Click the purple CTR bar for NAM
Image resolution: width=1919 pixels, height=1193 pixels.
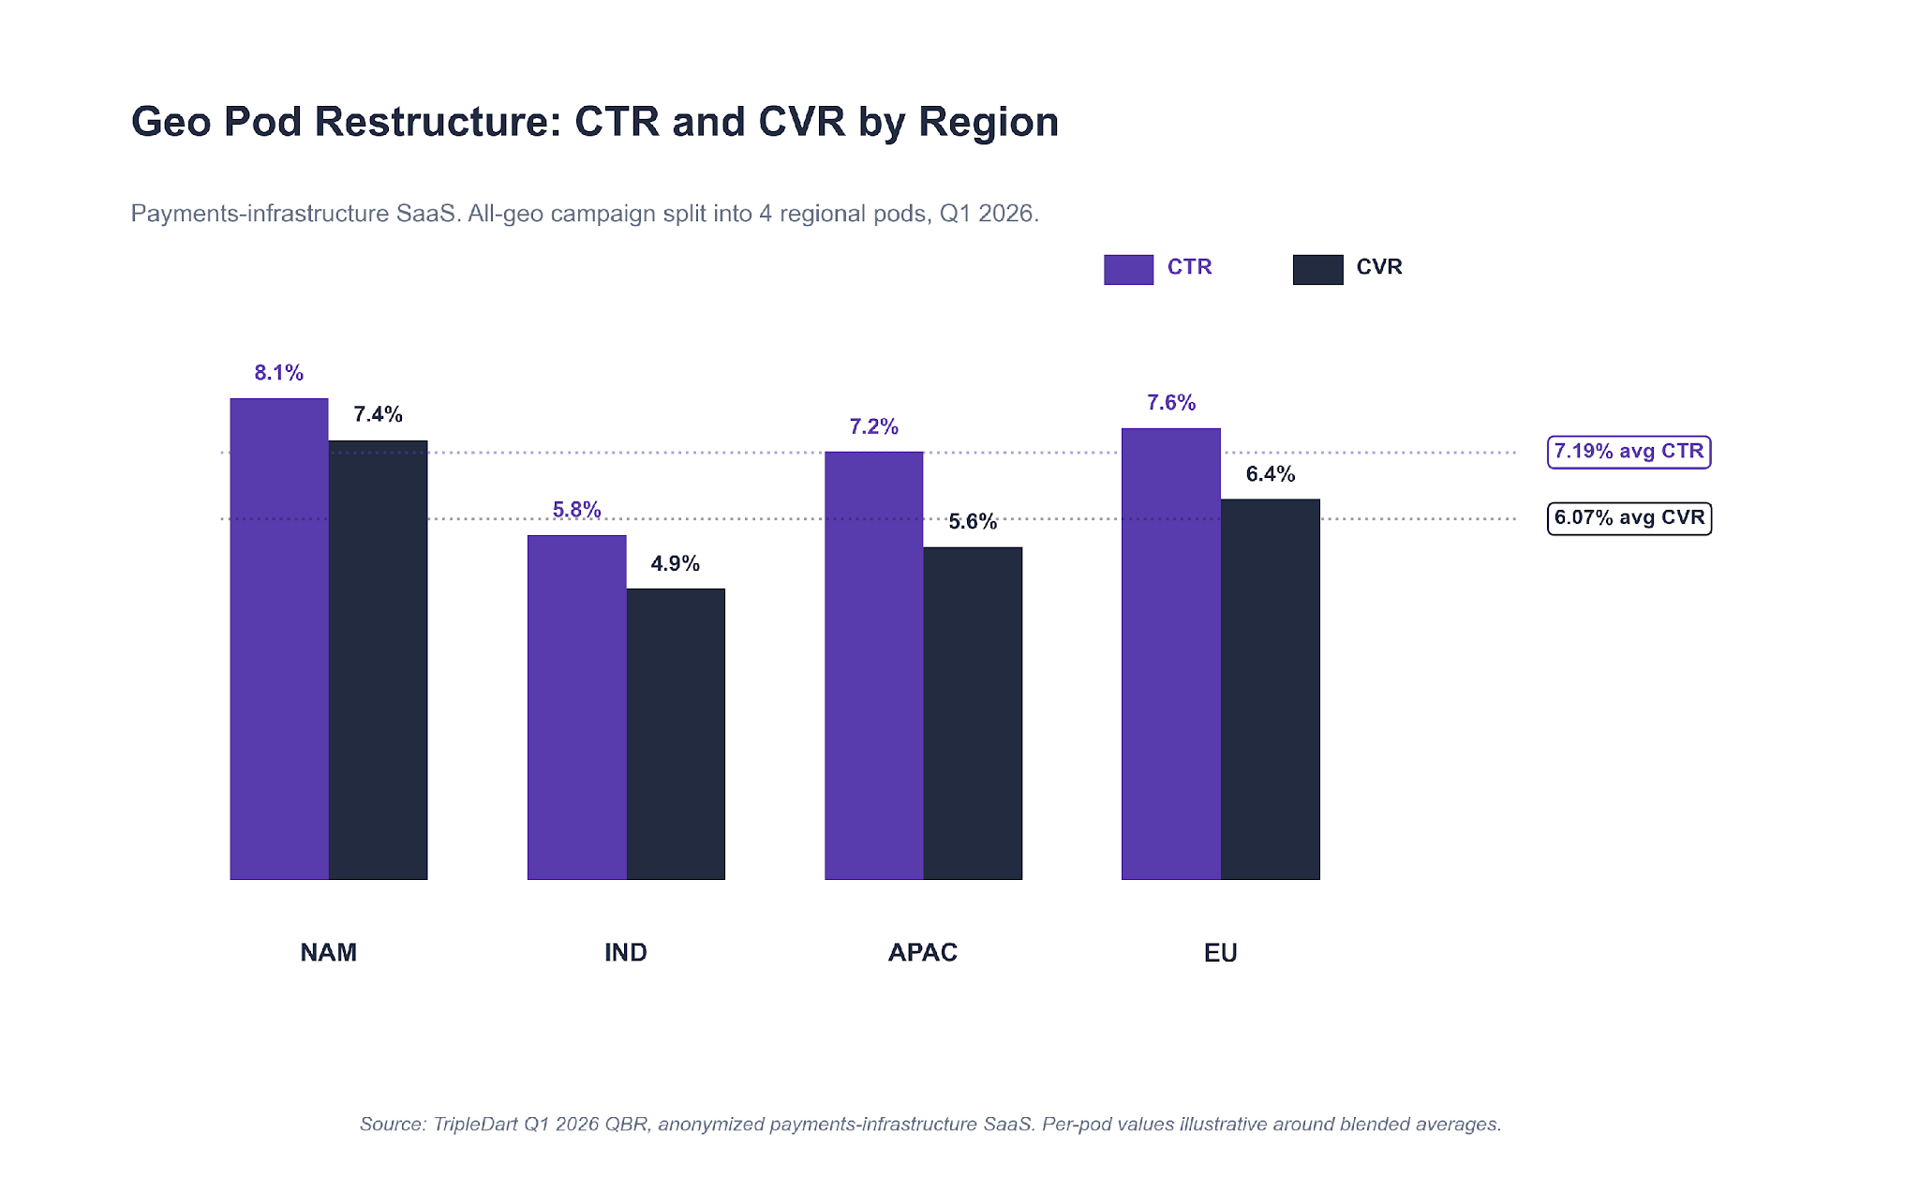(x=279, y=638)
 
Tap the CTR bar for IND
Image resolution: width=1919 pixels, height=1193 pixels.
(x=576, y=707)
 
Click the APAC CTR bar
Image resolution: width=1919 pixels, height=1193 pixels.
(x=873, y=665)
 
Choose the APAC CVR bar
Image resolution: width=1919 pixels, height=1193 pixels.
(x=973, y=713)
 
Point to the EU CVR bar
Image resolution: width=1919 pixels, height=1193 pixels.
(x=1270, y=689)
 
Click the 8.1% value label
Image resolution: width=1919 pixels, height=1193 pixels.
(x=279, y=373)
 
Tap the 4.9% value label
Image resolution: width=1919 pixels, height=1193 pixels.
(x=676, y=563)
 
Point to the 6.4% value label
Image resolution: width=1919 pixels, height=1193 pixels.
(x=1270, y=474)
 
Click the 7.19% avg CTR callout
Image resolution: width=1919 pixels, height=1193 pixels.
(x=1629, y=452)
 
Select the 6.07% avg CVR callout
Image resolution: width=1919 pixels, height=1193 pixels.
(x=1629, y=518)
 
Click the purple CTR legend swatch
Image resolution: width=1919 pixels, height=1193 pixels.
(x=1128, y=269)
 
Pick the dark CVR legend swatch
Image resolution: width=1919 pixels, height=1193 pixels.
(x=1317, y=269)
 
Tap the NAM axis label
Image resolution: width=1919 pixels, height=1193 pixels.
(x=328, y=952)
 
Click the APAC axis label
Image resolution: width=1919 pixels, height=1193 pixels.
(x=923, y=952)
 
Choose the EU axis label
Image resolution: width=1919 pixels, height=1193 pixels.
(x=1220, y=952)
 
